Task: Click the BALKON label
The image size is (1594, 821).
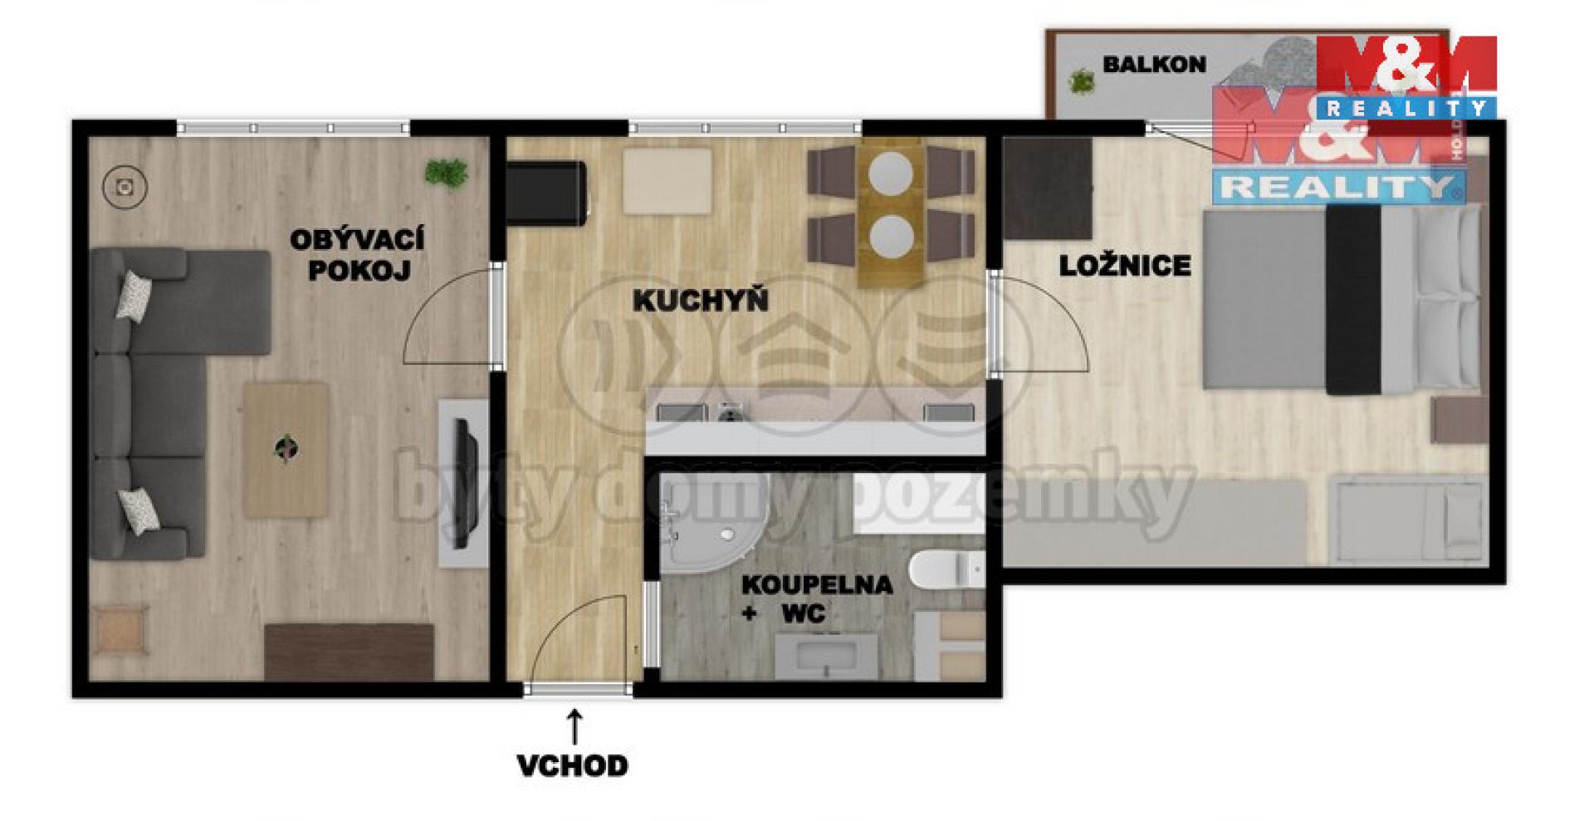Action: pyautogui.click(x=1154, y=65)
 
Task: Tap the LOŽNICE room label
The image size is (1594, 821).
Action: pyautogui.click(x=1125, y=266)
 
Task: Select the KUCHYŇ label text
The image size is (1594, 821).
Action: pyautogui.click(x=701, y=301)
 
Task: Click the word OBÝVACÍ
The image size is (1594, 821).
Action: pyautogui.click(x=357, y=240)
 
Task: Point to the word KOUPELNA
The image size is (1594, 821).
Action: pyautogui.click(x=817, y=584)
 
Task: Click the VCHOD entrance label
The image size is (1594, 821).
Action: pyautogui.click(x=573, y=765)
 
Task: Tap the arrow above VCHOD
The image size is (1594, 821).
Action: pyautogui.click(x=574, y=726)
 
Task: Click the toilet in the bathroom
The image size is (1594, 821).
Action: pyautogui.click(x=946, y=569)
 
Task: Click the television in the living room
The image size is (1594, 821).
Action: pyautogui.click(x=463, y=483)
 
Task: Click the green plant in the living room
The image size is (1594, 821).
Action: pyautogui.click(x=447, y=173)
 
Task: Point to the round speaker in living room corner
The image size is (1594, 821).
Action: pyautogui.click(x=125, y=187)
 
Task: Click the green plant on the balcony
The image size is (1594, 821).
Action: pyautogui.click(x=1082, y=81)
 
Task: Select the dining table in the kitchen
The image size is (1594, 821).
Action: pyautogui.click(x=891, y=214)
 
